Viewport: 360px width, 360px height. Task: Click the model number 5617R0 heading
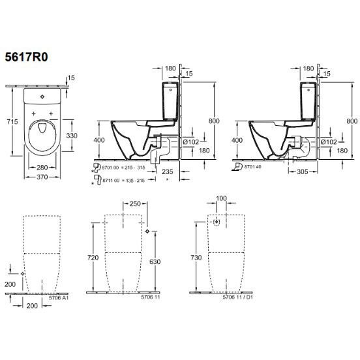[26, 57]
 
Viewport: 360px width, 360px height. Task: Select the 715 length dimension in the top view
[12, 121]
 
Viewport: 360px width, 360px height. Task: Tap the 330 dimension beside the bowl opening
[72, 136]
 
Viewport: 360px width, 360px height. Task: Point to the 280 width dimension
[42, 168]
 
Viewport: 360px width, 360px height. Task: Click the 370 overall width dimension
[42, 177]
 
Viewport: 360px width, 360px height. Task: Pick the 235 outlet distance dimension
[168, 172]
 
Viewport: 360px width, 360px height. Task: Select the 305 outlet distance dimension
[302, 172]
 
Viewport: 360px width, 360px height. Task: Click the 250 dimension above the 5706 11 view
[135, 203]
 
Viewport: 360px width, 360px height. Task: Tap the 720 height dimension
[93, 258]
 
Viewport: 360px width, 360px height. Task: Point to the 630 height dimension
[155, 262]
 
